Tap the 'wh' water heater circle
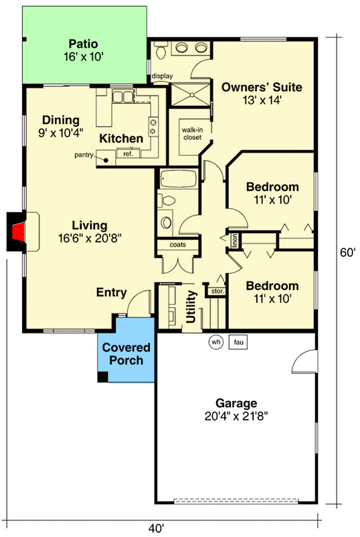click(x=215, y=341)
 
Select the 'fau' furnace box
click(x=238, y=341)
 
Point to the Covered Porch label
click(x=126, y=354)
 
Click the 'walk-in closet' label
click(x=192, y=133)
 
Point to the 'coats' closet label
click(x=177, y=244)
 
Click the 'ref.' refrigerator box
click(x=128, y=154)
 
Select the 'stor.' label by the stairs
click(x=217, y=291)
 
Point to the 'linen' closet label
click(x=235, y=240)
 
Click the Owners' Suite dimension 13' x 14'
click(x=261, y=101)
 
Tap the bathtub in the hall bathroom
click(x=177, y=180)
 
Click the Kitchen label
click(x=121, y=139)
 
